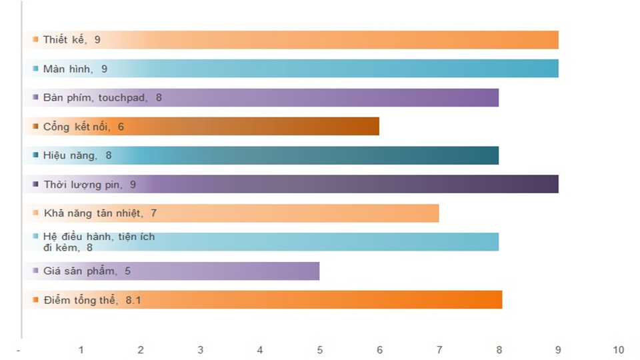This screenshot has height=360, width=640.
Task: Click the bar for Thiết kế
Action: click(x=333, y=40)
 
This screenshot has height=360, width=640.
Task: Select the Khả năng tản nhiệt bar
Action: click(x=300, y=213)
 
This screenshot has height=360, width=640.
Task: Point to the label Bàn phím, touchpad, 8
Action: click(x=102, y=98)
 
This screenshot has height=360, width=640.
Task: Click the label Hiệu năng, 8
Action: click(x=77, y=155)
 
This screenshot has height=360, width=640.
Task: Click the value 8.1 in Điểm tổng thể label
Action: click(x=133, y=300)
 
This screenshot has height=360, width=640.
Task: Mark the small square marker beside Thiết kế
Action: click(x=35, y=40)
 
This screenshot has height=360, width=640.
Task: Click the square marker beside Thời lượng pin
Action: click(x=35, y=185)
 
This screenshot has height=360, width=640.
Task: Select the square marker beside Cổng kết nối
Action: click(x=35, y=127)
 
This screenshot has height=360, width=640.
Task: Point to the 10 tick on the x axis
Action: click(x=618, y=350)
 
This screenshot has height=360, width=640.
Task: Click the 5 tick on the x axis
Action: click(x=319, y=350)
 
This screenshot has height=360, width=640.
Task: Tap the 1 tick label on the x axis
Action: click(x=81, y=350)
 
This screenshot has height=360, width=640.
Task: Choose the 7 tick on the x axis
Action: click(x=439, y=350)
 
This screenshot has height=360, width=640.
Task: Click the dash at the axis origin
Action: click(x=19, y=350)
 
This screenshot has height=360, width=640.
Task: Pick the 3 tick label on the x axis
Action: click(x=201, y=350)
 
